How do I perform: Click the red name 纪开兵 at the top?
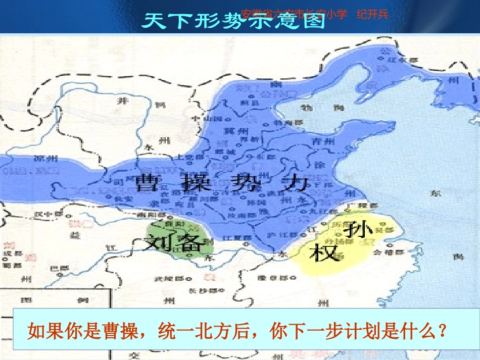click(x=372, y=14)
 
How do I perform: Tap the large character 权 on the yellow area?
click(x=325, y=252)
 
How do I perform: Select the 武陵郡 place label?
click(x=164, y=278)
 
